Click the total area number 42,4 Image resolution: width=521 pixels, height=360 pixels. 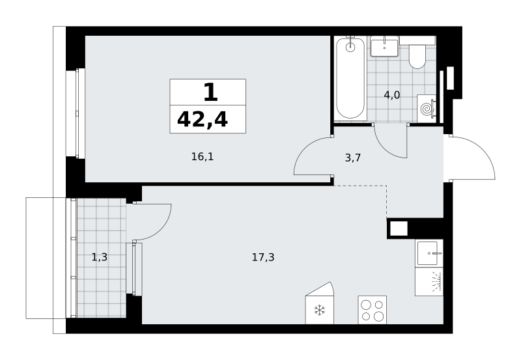(203, 120)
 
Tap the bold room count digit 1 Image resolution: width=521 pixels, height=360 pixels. (210, 92)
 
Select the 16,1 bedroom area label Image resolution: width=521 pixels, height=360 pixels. (203, 156)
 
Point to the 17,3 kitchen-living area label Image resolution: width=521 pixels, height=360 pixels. (263, 257)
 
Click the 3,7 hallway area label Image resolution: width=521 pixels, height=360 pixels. (352, 158)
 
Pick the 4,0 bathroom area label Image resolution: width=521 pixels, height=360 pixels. (392, 95)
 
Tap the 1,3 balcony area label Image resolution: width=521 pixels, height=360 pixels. (100, 256)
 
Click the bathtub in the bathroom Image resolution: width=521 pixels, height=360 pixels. (350, 78)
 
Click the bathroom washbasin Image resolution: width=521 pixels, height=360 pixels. (384, 47)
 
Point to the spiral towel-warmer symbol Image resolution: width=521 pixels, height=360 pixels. (427, 108)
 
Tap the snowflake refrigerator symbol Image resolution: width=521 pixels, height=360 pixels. (319, 310)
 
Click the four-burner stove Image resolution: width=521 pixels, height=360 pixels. (372, 310)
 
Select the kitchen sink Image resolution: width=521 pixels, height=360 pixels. (429, 253)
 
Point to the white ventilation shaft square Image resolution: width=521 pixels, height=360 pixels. (399, 228)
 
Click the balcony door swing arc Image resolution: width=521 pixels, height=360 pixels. (160, 228)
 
